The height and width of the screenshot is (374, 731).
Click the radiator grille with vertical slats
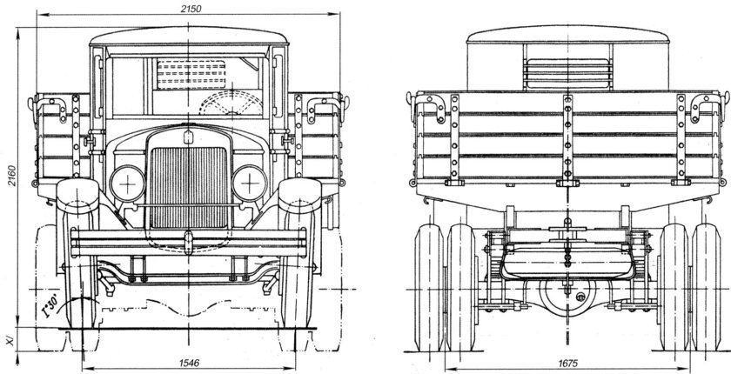(191, 178)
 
